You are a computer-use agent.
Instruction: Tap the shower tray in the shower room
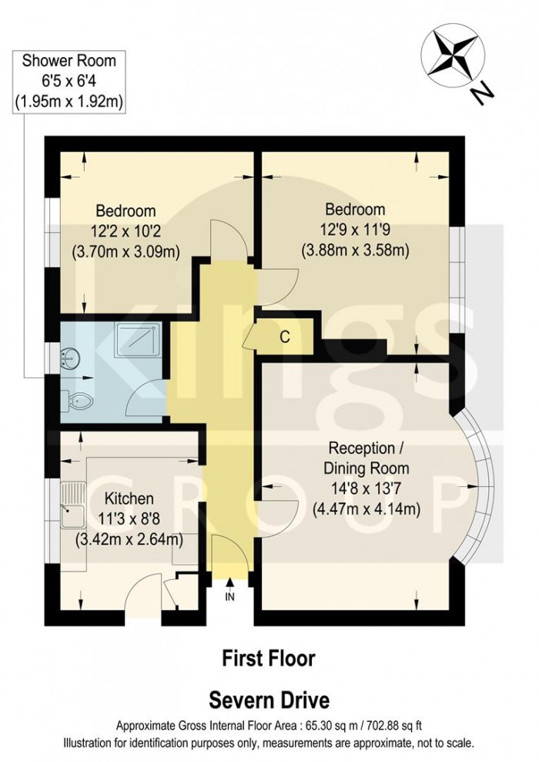(x=139, y=339)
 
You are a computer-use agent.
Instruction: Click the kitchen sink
(x=75, y=502)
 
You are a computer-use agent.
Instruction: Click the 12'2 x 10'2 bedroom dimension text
(x=126, y=230)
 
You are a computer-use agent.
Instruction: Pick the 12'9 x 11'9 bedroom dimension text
(x=354, y=229)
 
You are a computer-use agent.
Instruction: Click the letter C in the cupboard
(x=285, y=336)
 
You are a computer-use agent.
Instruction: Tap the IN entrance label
(x=229, y=596)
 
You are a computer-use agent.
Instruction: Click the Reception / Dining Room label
(x=368, y=458)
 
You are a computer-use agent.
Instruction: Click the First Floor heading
(x=269, y=658)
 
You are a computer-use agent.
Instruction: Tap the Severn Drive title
(x=269, y=700)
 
